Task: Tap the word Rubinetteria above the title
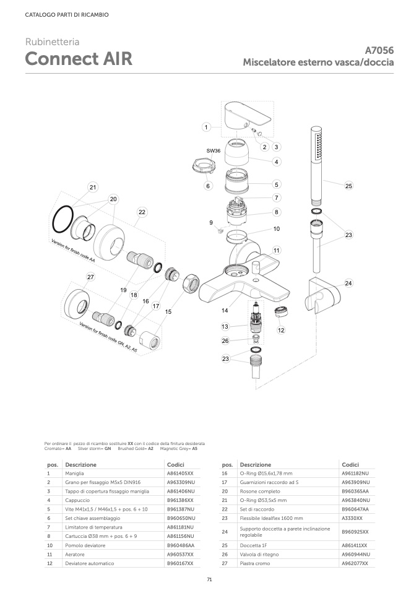tap(52, 42)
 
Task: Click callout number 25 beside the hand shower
tap(348, 186)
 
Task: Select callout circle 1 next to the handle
tap(206, 127)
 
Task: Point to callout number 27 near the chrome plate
tap(90, 277)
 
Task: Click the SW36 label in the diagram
tap(214, 150)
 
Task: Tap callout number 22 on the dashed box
tap(142, 212)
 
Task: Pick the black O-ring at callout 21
tap(60, 219)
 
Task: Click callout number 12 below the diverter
tap(280, 331)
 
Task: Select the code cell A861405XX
tap(180, 472)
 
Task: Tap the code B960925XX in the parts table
tap(355, 532)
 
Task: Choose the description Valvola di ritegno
tap(261, 555)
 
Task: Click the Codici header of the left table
tap(176, 464)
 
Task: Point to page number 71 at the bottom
tap(209, 579)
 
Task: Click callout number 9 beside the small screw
tap(211, 223)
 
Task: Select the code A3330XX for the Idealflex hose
tap(352, 518)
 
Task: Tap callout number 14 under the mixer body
tap(225, 309)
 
